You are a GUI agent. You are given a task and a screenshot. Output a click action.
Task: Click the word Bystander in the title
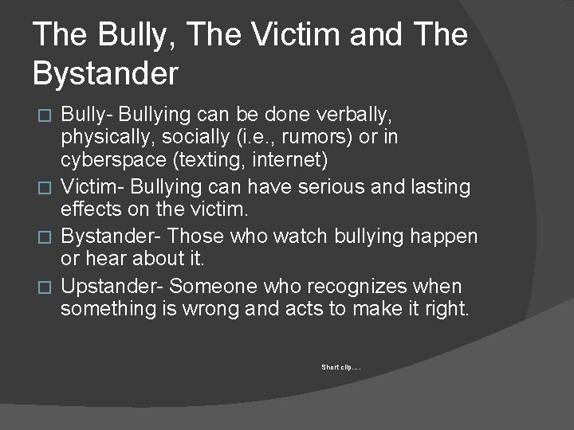click(106, 72)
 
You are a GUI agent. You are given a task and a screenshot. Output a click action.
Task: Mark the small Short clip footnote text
click(342, 367)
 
